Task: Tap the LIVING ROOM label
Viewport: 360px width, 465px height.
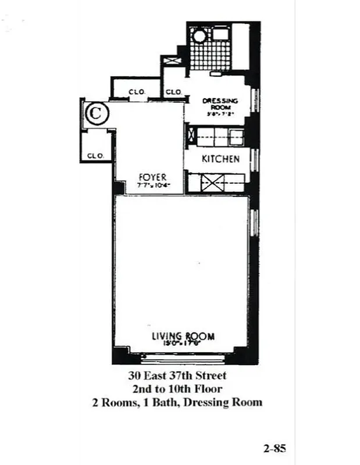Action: pyautogui.click(x=183, y=335)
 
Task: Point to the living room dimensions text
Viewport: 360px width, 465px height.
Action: pyautogui.click(x=183, y=344)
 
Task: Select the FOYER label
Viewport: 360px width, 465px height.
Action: pyautogui.click(x=153, y=177)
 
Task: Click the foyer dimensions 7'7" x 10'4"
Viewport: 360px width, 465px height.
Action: pyautogui.click(x=153, y=185)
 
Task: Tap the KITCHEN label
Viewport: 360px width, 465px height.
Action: pyautogui.click(x=220, y=159)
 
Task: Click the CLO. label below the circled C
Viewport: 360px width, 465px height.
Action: pyautogui.click(x=95, y=156)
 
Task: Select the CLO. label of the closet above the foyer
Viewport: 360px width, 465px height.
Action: pyautogui.click(x=137, y=91)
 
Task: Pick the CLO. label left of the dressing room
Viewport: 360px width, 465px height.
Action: pyautogui.click(x=173, y=92)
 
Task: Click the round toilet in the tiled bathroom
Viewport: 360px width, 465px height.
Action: pyautogui.click(x=199, y=36)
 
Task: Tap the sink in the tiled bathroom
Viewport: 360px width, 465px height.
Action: pyautogui.click(x=220, y=34)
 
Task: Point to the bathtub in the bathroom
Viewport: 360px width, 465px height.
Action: pyautogui.click(x=241, y=46)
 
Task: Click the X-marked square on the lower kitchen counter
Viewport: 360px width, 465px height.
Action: pyautogui.click(x=210, y=183)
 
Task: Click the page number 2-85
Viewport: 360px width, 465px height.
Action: pyautogui.click(x=274, y=448)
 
